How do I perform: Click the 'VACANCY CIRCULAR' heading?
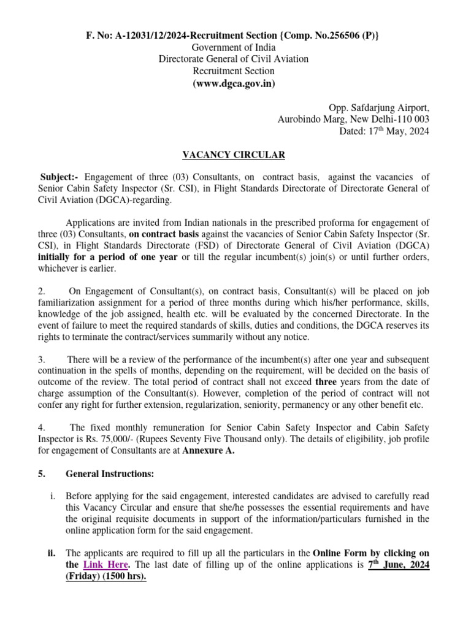pos(235,155)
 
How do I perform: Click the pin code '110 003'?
pos(413,119)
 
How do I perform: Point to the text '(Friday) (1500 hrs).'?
pos(105,576)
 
